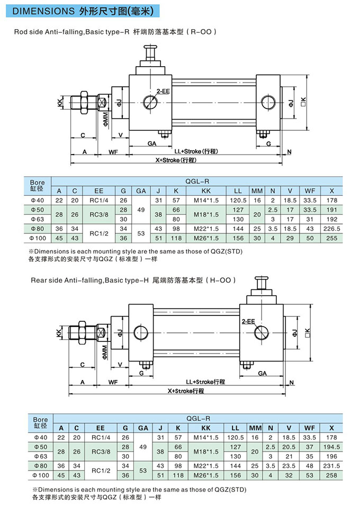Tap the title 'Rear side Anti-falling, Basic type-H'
coord(74,279)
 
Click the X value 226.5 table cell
coord(332,229)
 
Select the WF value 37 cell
coord(311,447)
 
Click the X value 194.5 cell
coord(332,447)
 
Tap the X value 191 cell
coord(332,210)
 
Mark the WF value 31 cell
coord(311,219)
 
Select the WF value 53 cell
coord(311,475)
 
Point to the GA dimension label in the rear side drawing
coord(262,373)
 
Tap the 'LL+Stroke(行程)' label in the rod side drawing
coord(195,151)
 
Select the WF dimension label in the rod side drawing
coord(113,152)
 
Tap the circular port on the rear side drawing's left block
coord(141,332)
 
